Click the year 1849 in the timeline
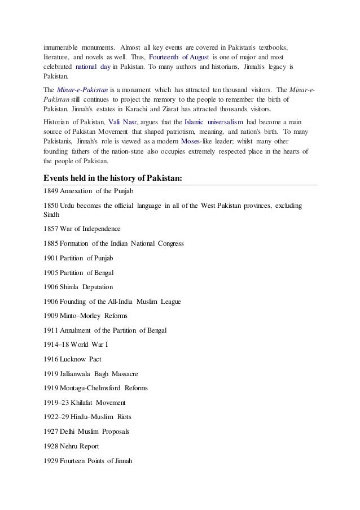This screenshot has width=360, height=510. pyautogui.click(x=51, y=191)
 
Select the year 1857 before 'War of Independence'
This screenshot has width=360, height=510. pyautogui.click(x=51, y=229)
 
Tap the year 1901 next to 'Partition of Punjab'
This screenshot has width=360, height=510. pyautogui.click(x=51, y=258)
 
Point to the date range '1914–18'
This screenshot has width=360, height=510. pyautogui.click(x=55, y=345)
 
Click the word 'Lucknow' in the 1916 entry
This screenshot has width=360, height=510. pyautogui.click(x=75, y=359)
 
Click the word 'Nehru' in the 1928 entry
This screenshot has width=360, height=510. pyautogui.click(x=69, y=446)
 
